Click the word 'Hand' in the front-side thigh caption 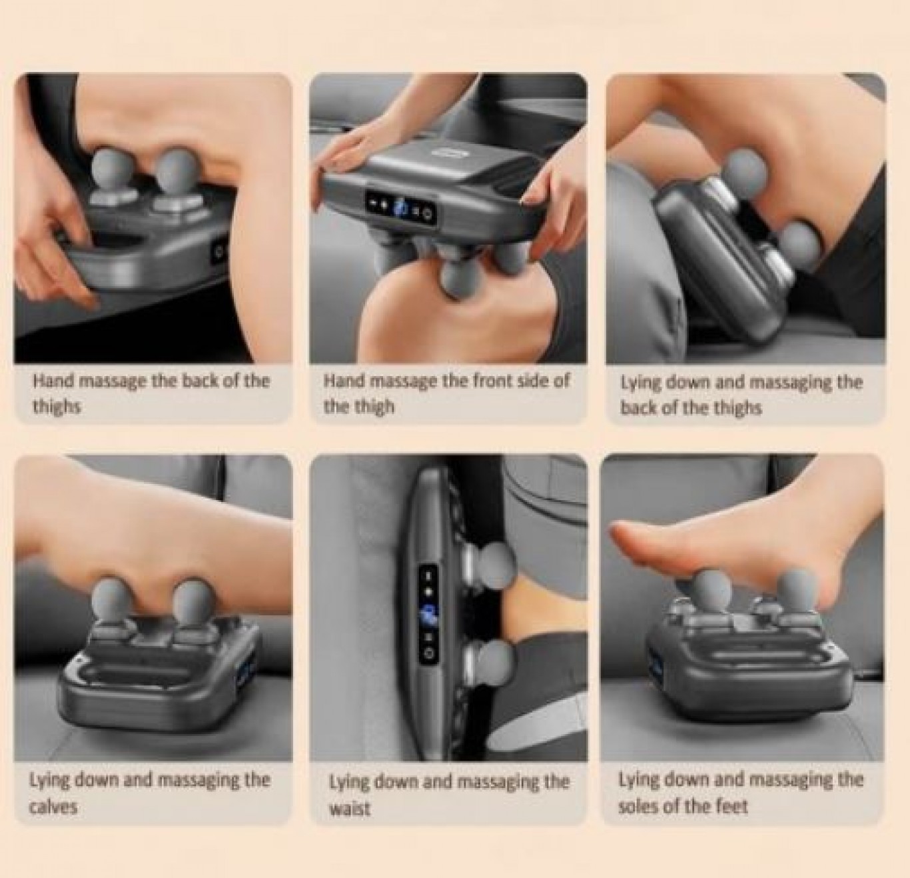[342, 381]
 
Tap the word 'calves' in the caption [53, 807]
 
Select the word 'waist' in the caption [350, 808]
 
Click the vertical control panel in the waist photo [429, 617]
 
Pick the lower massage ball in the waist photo [496, 659]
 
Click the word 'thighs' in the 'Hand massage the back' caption [57, 406]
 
